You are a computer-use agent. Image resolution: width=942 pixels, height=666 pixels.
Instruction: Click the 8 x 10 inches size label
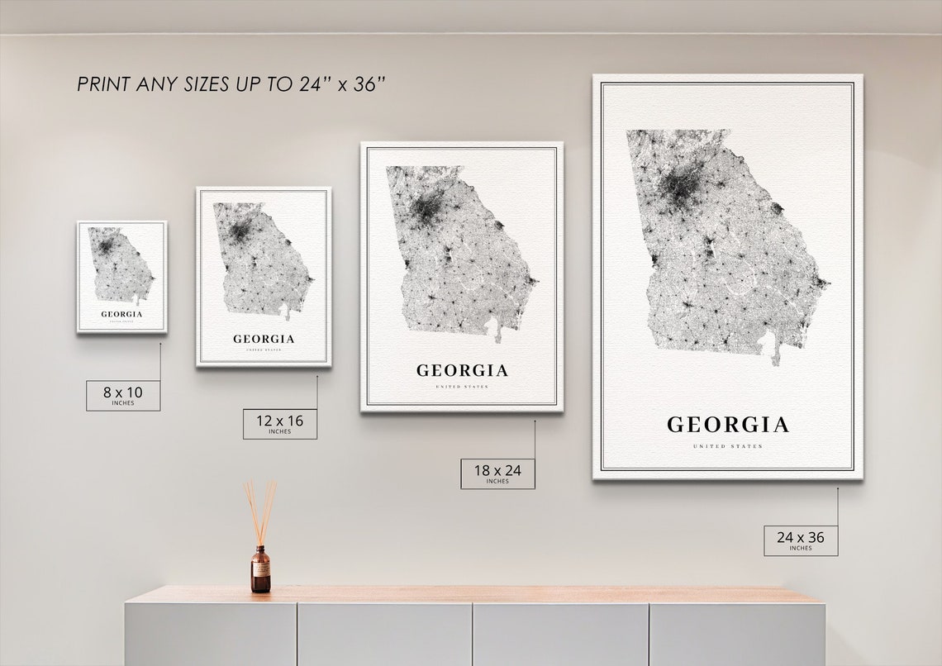[123, 395]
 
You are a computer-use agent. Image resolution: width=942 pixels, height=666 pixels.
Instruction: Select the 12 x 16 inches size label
[279, 423]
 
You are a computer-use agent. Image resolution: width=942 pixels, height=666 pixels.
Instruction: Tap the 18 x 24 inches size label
[497, 473]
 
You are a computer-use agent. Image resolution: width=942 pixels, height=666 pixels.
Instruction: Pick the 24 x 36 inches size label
[800, 540]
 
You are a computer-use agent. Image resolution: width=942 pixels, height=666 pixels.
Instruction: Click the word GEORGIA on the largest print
[727, 426]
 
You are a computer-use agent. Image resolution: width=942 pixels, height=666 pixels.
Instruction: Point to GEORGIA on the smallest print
[121, 314]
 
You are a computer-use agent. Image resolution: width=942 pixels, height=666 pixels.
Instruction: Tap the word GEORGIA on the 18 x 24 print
[462, 371]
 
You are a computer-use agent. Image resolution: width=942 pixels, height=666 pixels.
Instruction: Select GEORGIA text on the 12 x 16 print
[264, 339]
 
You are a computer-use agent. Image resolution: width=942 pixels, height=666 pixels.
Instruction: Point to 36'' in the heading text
[369, 84]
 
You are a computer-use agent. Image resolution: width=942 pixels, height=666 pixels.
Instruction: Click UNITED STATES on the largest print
[727, 447]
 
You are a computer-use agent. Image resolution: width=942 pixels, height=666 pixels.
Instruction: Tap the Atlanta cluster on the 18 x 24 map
[426, 207]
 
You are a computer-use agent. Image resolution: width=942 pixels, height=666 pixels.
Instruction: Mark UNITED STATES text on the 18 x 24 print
[462, 387]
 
